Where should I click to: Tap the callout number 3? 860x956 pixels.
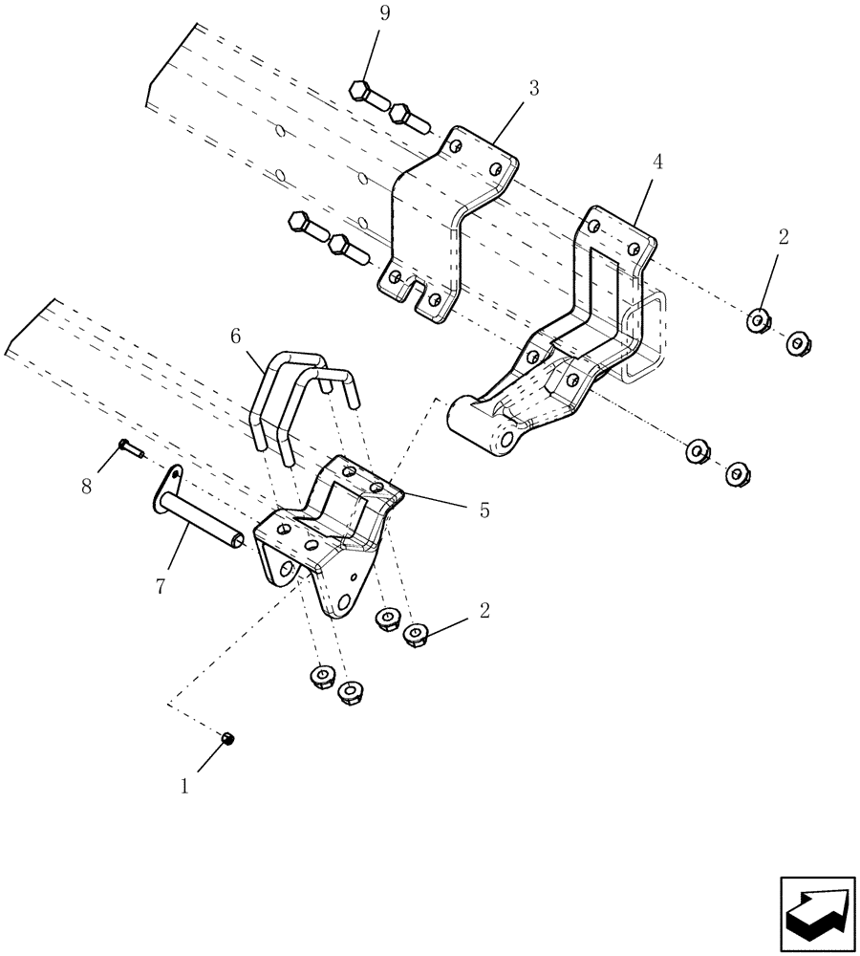[533, 88]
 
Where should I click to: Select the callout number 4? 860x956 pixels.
[656, 163]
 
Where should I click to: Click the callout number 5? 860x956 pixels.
[484, 511]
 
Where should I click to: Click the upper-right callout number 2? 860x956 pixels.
[783, 238]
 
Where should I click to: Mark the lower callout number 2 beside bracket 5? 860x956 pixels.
[484, 610]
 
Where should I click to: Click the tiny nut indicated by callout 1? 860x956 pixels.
[228, 738]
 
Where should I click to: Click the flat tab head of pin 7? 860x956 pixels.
[167, 478]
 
